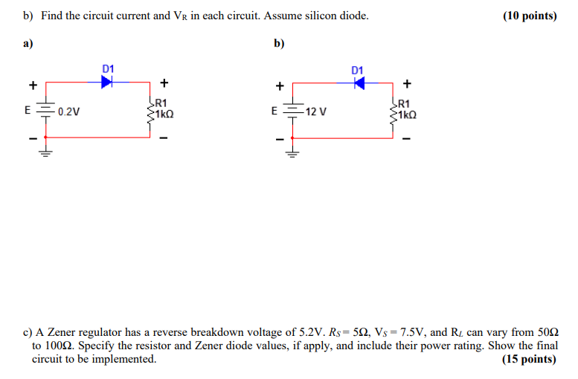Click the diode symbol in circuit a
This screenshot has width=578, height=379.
click(107, 82)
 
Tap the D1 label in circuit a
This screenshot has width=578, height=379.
click(108, 69)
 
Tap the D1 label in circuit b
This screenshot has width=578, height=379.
click(358, 71)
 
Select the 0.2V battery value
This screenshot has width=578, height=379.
click(69, 112)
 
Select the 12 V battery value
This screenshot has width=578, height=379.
click(315, 112)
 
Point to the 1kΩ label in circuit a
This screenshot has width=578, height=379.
click(164, 115)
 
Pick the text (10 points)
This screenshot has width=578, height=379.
click(529, 16)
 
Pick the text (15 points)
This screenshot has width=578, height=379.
click(529, 359)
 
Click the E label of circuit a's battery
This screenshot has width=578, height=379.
click(28, 110)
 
